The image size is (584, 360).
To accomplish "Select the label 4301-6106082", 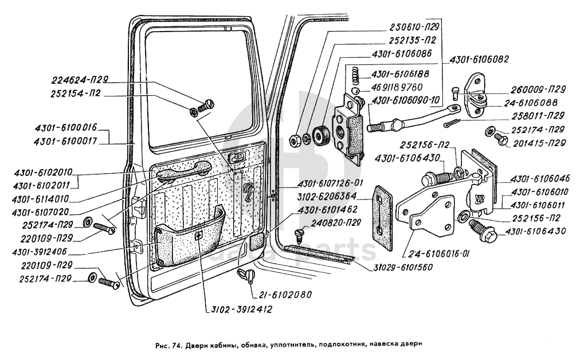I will click(x=479, y=60).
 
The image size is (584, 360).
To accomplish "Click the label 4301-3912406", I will click(x=46, y=252).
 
